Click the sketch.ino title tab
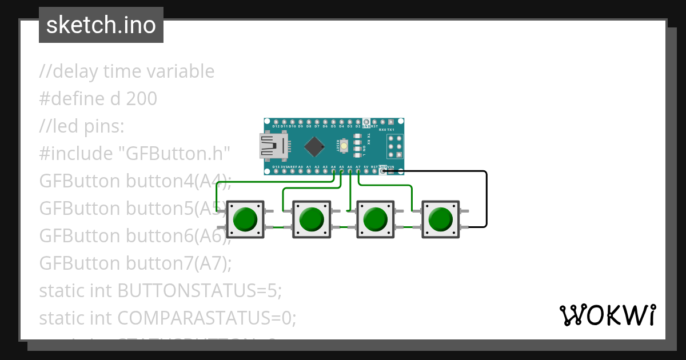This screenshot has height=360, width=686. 101,25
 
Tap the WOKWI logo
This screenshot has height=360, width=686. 607,315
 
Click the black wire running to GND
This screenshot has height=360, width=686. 486,197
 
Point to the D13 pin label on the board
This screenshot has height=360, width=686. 276,167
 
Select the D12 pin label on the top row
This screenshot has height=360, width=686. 276,126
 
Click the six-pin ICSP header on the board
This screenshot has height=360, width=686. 394,146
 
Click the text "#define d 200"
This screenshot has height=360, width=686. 98,99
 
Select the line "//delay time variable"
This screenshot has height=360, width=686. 127,71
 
